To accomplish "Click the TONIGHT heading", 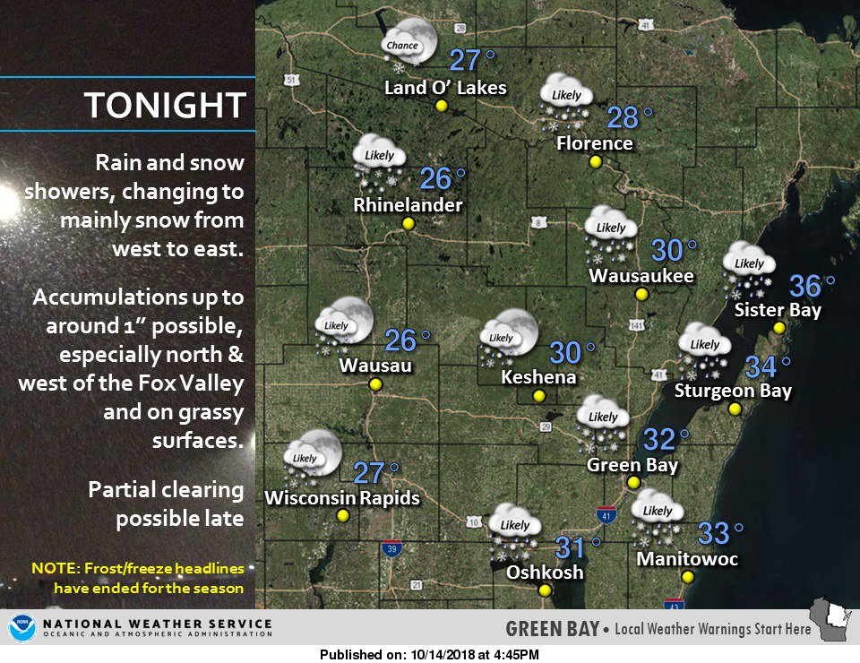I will tap(165, 105).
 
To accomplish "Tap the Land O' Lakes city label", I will tap(445, 88).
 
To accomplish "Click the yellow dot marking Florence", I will tap(595, 162).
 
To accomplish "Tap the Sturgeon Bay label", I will tap(733, 391).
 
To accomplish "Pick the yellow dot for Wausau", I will tap(375, 384).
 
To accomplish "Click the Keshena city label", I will tap(538, 377).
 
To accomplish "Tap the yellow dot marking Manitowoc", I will tap(687, 577).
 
